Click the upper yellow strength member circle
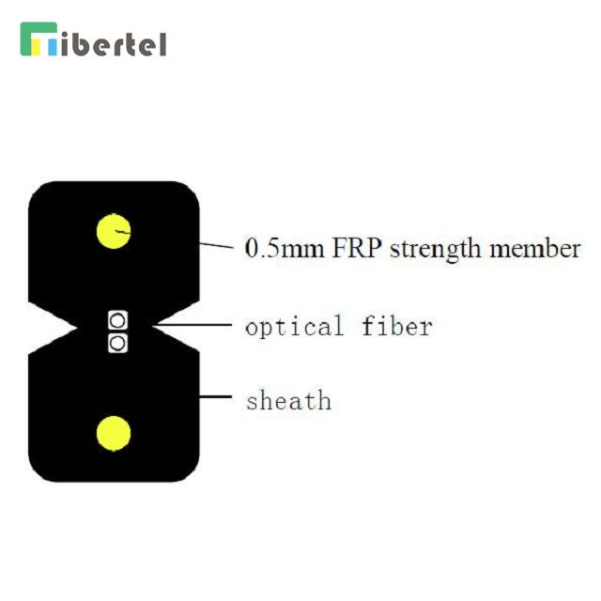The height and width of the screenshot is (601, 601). point(114,231)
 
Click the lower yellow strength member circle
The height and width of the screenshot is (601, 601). point(114,434)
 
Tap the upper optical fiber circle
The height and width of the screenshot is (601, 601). point(117,320)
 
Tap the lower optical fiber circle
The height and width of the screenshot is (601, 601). point(117,343)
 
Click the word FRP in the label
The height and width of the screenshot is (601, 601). point(356,248)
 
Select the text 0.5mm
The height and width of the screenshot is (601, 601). point(285,248)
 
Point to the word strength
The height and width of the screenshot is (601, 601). point(436,250)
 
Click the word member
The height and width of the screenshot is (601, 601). point(535,248)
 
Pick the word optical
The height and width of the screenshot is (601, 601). point(294,328)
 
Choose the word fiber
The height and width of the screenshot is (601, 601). point(397,326)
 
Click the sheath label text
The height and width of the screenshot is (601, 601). point(289,400)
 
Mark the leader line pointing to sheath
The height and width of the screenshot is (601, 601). point(215,396)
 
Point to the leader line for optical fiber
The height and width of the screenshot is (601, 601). point(193,325)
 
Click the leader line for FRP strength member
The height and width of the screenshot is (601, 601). point(216,246)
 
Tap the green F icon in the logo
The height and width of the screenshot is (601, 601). point(39,39)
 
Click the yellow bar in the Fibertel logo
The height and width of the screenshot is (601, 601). point(36,46)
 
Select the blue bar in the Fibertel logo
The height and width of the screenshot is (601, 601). point(53,46)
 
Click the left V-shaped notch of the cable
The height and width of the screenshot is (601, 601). point(53,328)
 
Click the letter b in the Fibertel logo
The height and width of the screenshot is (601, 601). point(79,44)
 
